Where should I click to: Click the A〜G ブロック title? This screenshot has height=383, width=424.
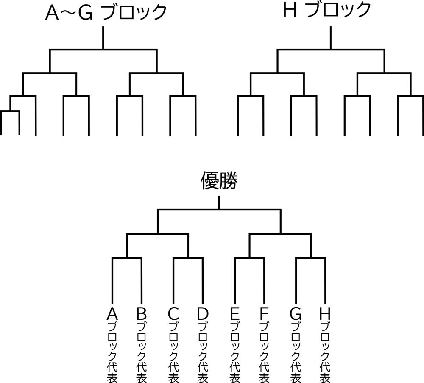click(106, 13)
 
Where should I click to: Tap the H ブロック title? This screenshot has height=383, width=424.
click(326, 11)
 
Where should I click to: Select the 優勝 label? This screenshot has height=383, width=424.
click(218, 182)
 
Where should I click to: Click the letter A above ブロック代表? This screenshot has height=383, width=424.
click(112, 314)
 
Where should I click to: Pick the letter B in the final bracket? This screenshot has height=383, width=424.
click(142, 314)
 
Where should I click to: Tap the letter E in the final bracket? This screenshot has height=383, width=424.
click(234, 314)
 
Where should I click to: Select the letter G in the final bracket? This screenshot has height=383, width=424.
click(296, 314)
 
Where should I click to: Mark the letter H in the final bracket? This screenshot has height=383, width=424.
click(325, 314)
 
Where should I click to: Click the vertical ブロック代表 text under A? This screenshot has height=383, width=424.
click(112, 352)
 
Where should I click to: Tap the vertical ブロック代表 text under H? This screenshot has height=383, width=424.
click(325, 352)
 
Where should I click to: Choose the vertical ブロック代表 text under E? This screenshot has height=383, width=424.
click(234, 352)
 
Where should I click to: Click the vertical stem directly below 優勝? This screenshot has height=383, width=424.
click(219, 202)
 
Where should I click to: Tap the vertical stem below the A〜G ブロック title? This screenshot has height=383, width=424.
click(103, 38)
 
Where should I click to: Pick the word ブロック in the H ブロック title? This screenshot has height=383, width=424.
click(338, 11)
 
